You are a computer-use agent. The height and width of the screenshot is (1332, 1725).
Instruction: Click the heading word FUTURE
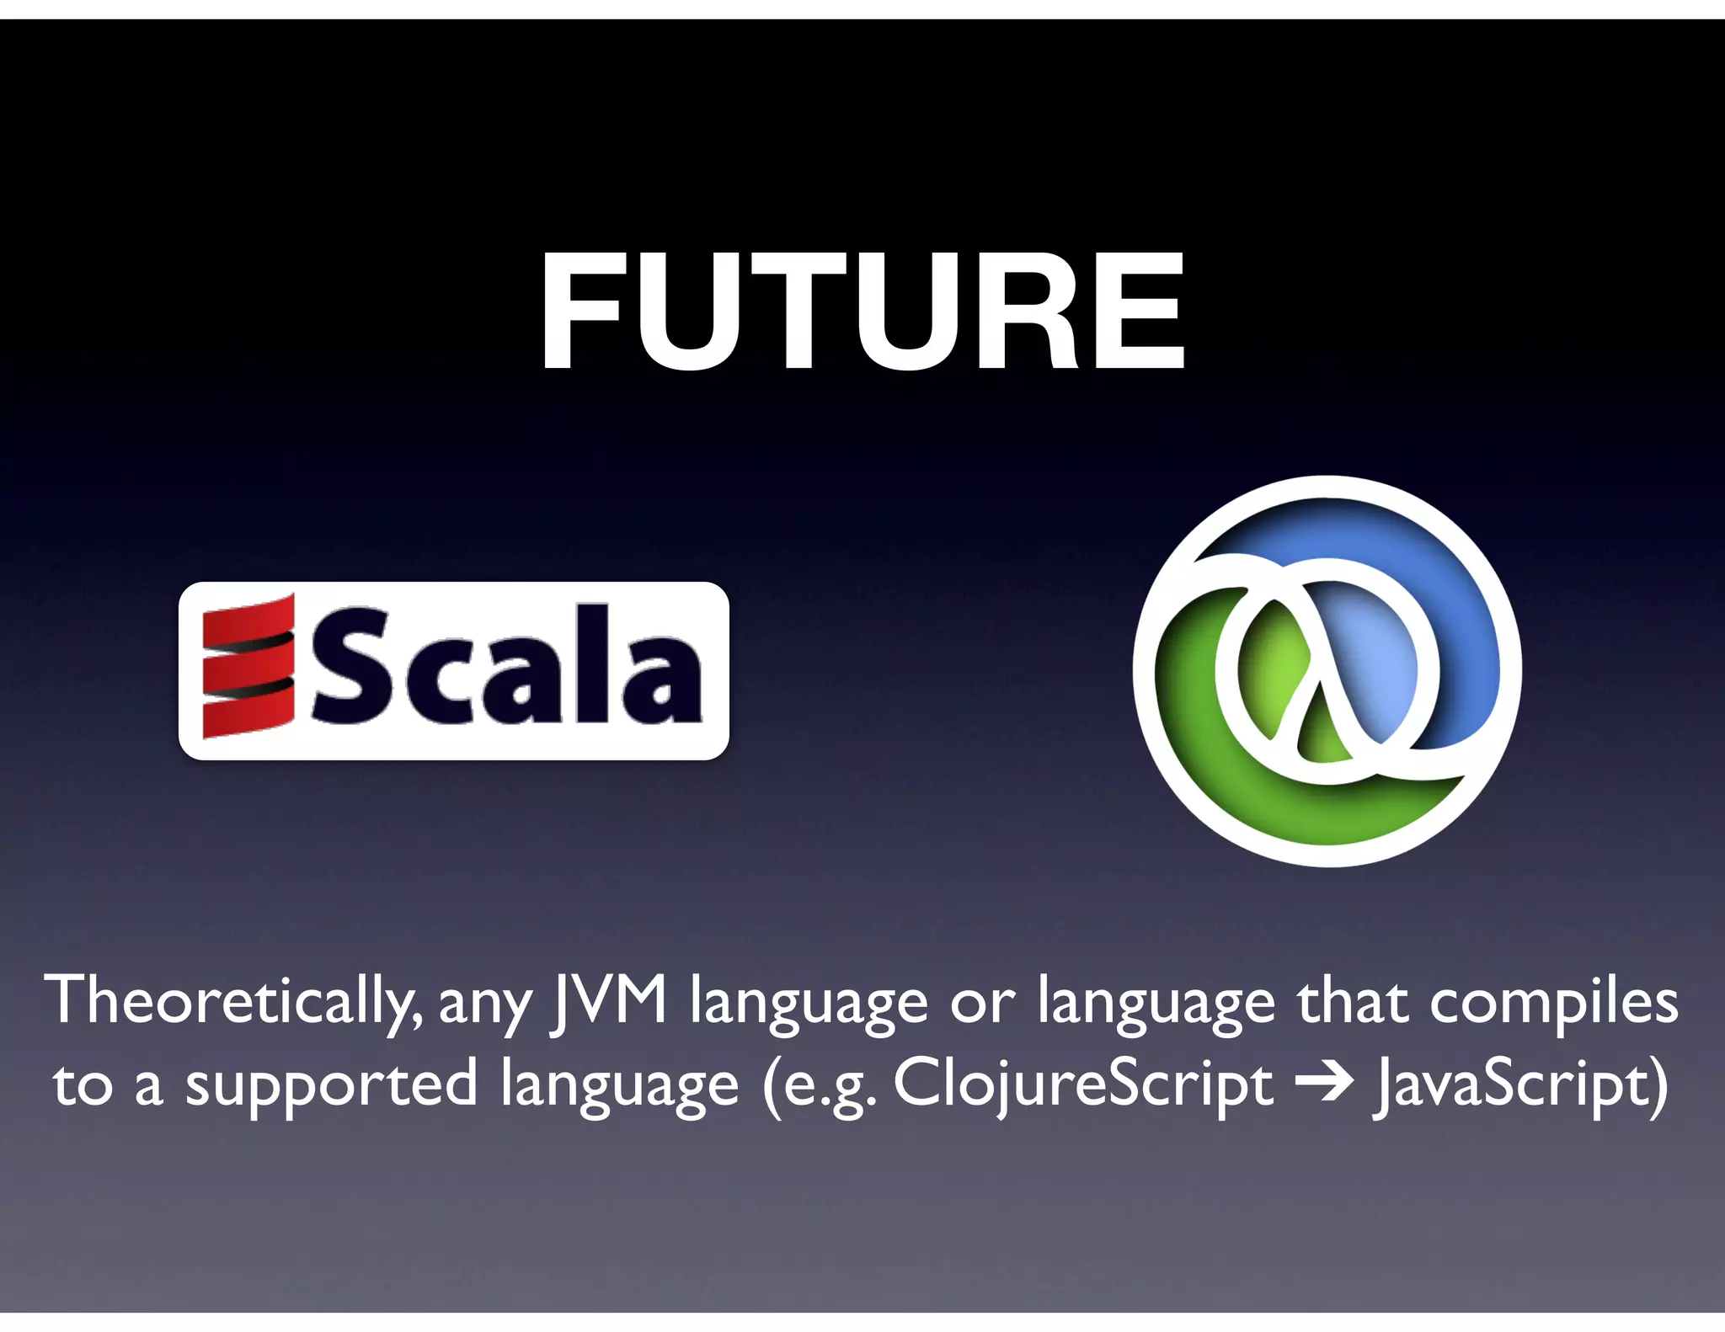point(862,312)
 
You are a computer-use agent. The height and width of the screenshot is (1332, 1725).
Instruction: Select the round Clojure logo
point(1327,670)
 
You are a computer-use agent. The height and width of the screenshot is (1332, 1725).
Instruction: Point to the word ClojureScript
point(1082,1086)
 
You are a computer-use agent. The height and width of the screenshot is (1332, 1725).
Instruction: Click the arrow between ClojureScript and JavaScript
point(1323,1084)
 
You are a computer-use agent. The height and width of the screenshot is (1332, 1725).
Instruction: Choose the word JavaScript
point(1519,1086)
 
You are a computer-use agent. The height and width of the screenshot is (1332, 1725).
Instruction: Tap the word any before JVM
point(485,1005)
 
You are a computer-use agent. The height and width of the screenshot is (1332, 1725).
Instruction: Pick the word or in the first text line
point(982,1005)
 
